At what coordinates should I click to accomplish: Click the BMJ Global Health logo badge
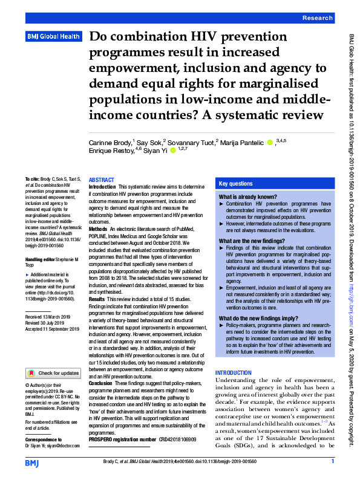53,37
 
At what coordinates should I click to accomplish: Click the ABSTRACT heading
101,180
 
